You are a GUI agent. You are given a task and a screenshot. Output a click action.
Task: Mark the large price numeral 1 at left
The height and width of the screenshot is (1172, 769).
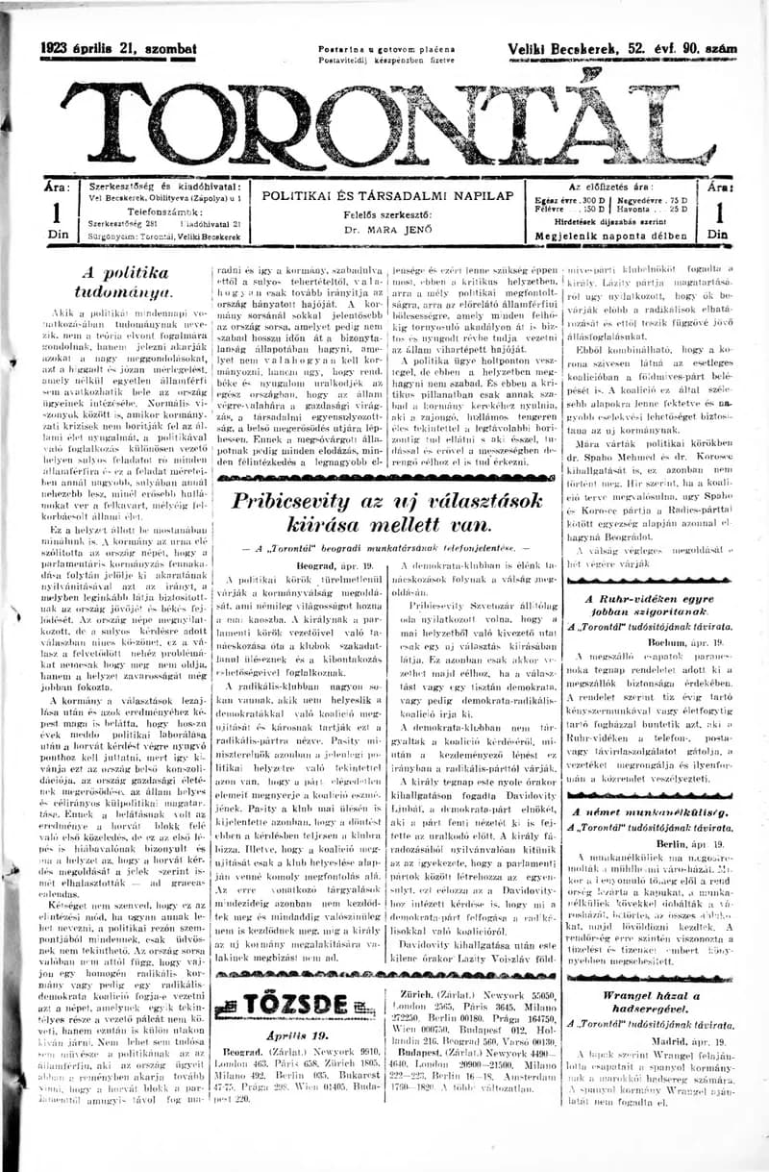click(56, 213)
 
